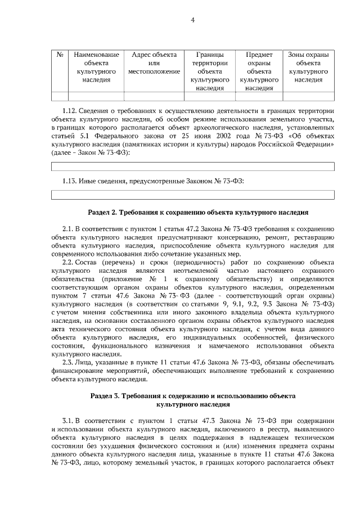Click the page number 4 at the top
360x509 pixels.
tap(192, 21)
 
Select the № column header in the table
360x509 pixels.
tap(60, 55)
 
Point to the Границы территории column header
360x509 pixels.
tap(210, 71)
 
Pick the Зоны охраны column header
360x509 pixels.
tap(308, 67)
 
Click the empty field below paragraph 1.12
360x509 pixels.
tap(193, 166)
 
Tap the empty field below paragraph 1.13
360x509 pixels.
tap(193, 195)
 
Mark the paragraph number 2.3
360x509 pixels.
tap(69, 363)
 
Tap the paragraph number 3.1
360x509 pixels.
tap(68, 421)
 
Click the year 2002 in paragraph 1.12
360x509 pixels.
tap(216, 136)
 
